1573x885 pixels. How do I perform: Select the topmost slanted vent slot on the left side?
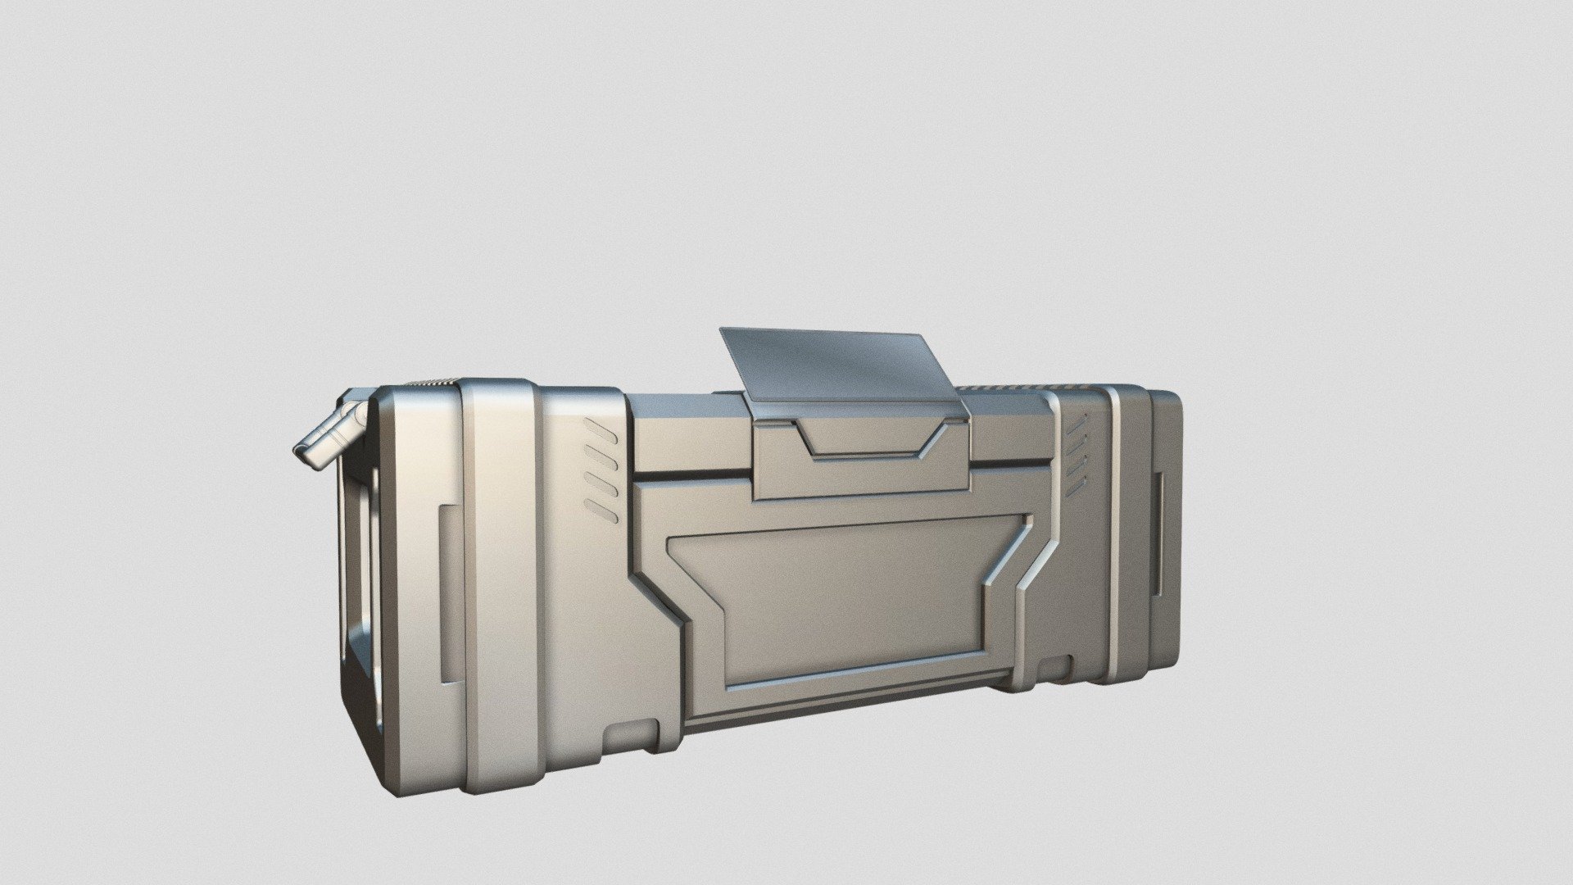601,429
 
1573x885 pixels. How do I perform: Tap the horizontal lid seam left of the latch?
692,474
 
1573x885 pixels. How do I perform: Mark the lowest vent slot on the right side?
1075,482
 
